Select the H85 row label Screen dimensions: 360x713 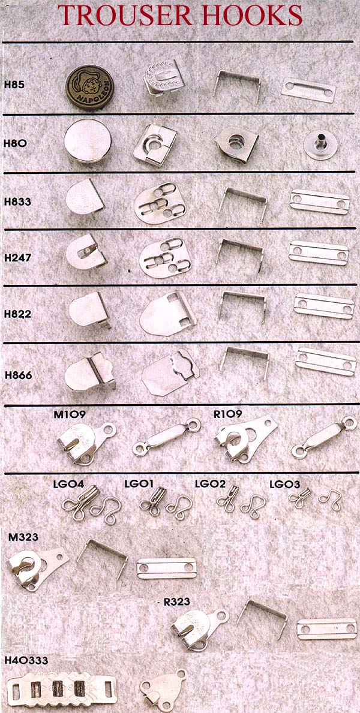pyautogui.click(x=13, y=84)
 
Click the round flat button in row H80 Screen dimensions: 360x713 pyautogui.click(x=88, y=141)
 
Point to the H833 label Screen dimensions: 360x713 pyautogui.click(x=18, y=201)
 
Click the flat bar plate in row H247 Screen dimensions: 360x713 pyautogui.click(x=319, y=253)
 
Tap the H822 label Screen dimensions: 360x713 pyautogui.click(x=18, y=314)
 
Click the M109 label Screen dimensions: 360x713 pyautogui.click(x=70, y=414)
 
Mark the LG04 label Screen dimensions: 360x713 pyautogui.click(x=69, y=484)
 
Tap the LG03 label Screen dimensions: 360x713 pyautogui.click(x=285, y=484)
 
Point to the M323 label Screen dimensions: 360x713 pyautogui.click(x=23, y=537)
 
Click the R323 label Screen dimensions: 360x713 pyautogui.click(x=176, y=602)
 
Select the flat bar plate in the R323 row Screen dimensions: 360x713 pyautogui.click(x=327, y=628)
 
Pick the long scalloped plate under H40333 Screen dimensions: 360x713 pyautogui.click(x=62, y=690)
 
